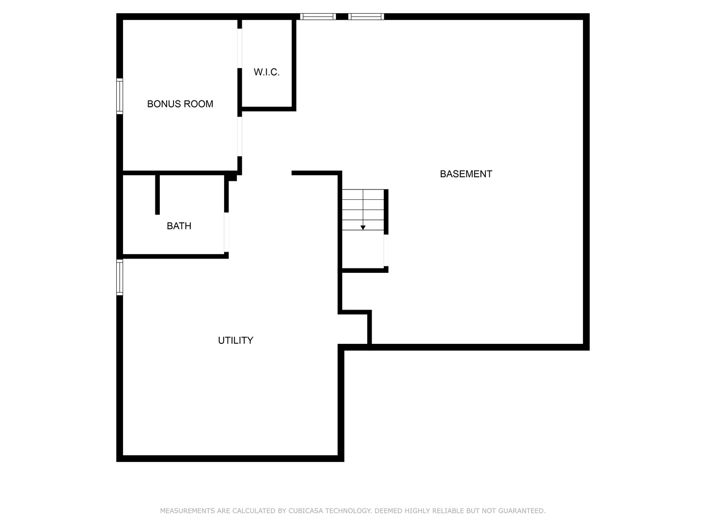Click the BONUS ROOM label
[180, 104]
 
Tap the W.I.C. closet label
[266, 72]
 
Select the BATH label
[179, 226]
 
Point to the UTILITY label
[235, 340]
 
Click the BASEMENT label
[466, 174]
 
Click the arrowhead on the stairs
[363, 227]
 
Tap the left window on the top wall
[318, 17]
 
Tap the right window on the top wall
[366, 17]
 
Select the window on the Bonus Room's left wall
[120, 96]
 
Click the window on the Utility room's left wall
[120, 277]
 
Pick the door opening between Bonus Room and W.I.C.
[240, 48]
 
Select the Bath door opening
[226, 232]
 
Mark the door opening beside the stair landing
[386, 250]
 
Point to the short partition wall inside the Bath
[157, 194]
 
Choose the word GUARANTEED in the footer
[522, 511]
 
